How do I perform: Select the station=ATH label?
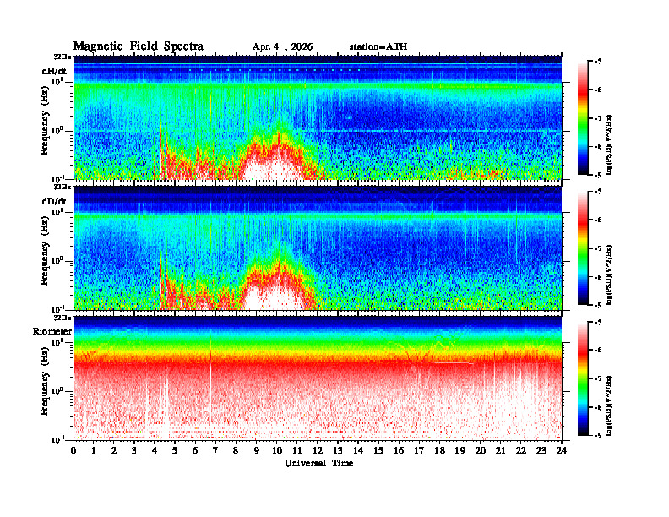click(x=378, y=46)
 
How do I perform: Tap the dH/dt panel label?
click(x=54, y=71)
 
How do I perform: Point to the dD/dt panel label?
click(x=54, y=201)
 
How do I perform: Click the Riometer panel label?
click(x=52, y=331)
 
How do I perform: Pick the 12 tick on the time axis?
click(x=318, y=450)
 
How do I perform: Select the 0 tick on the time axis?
click(x=74, y=450)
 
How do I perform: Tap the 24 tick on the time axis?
click(x=562, y=450)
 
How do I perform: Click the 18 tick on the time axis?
click(x=440, y=450)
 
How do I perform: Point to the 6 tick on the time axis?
click(x=196, y=450)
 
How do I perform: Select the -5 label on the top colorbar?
click(x=598, y=62)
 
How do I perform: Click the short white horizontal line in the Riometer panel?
click(x=453, y=362)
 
